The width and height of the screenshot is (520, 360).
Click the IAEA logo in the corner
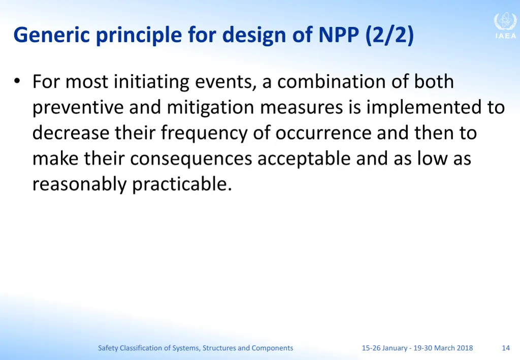[505, 26]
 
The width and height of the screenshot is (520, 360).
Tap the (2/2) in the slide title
[389, 36]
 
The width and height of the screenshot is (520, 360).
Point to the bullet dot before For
[17, 81]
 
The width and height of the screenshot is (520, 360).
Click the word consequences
[191, 159]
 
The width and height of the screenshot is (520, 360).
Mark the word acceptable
[304, 159]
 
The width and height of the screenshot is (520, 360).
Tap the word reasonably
[80, 184]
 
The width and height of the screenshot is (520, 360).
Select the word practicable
[182, 184]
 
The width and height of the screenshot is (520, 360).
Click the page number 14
[505, 348]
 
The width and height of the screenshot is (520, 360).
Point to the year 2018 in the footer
[464, 348]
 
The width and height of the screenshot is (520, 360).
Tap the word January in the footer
[394, 348]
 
